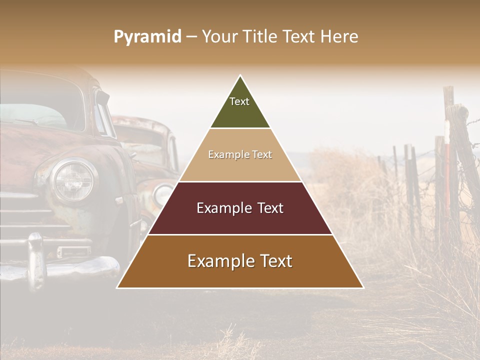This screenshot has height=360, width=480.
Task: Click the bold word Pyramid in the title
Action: tap(147, 37)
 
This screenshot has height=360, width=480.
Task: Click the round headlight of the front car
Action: tap(73, 179)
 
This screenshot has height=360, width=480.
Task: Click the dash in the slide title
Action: tap(191, 37)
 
